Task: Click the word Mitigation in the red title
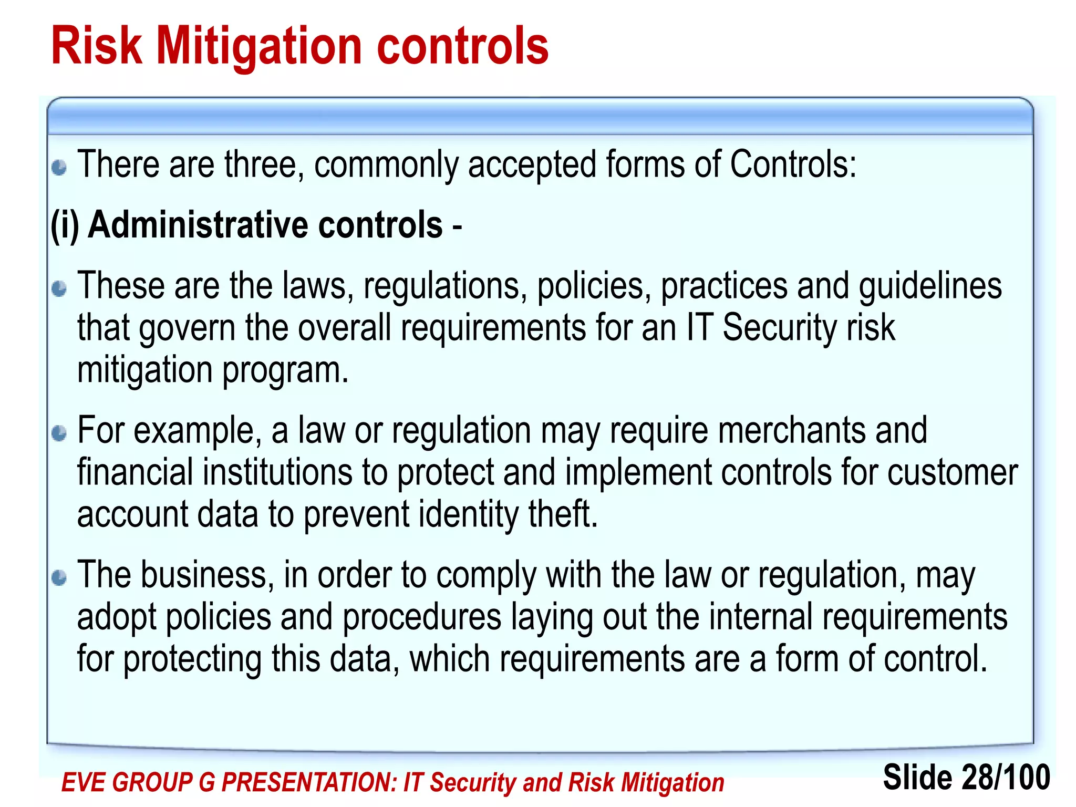pyautogui.click(x=260, y=47)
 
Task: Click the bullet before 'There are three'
pyautogui.click(x=59, y=168)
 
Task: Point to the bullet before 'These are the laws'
pyautogui.click(x=59, y=288)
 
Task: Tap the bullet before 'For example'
pyautogui.click(x=59, y=433)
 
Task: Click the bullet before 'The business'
pyautogui.click(x=59, y=578)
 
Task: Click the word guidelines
pyautogui.click(x=930, y=286)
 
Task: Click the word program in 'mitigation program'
pyautogui.click(x=285, y=371)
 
